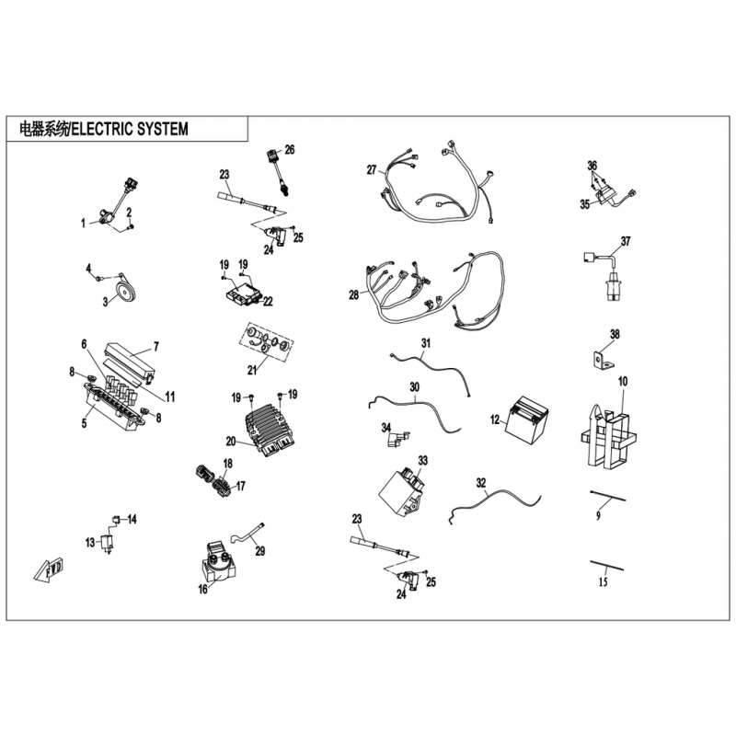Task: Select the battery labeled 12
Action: [x=527, y=420]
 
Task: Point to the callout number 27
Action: [x=372, y=169]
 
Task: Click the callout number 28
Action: [x=353, y=294]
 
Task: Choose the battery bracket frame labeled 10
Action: [x=608, y=435]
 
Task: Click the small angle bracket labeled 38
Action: [x=601, y=361]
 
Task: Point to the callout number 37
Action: [x=626, y=241]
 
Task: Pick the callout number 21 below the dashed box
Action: [x=252, y=370]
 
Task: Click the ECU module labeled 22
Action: [x=243, y=294]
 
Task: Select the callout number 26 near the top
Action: [x=290, y=149]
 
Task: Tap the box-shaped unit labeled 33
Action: [x=402, y=490]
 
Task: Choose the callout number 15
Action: [x=604, y=581]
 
